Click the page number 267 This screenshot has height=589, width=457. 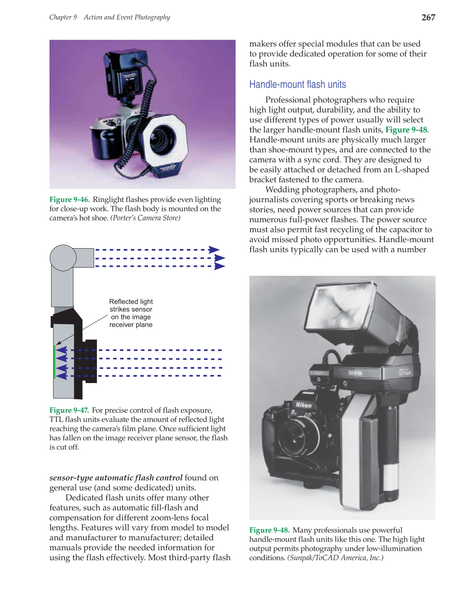pyautogui.click(x=428, y=17)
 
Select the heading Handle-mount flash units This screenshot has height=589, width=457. pyautogui.click(x=297, y=84)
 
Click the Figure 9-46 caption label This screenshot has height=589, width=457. pyautogui.click(x=69, y=199)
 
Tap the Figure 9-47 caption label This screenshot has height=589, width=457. pyautogui.click(x=69, y=410)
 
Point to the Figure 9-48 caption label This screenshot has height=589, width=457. pyautogui.click(x=269, y=530)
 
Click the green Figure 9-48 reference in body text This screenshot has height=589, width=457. pyautogui.click(x=406, y=130)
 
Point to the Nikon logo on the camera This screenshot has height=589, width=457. pyautogui.click(x=303, y=405)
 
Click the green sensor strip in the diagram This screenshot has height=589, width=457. pyautogui.click(x=54, y=362)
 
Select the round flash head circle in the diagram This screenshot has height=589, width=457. pyautogui.click(x=63, y=258)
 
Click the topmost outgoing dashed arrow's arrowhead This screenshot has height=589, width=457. pyautogui.click(x=214, y=250)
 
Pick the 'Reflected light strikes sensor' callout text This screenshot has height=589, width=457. pyautogui.click(x=131, y=313)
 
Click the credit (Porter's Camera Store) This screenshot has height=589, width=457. pyautogui.click(x=146, y=218)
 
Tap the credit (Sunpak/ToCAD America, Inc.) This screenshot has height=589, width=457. pyautogui.click(x=335, y=558)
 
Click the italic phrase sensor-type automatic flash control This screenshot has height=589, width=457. pyautogui.click(x=116, y=478)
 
